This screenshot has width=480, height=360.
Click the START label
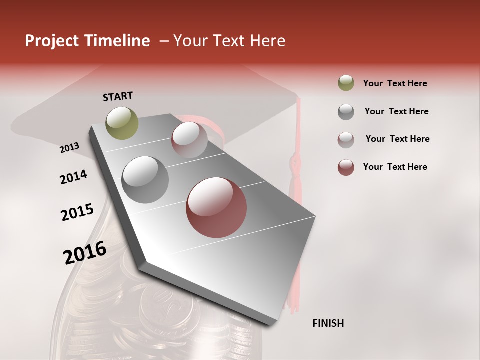118,96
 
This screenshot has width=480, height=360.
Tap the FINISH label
328,323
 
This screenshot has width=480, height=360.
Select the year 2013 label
69,147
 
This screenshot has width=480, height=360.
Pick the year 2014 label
73,177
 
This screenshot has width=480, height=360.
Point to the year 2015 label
77,212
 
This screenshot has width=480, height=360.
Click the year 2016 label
85,253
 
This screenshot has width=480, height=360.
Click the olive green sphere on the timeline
122,123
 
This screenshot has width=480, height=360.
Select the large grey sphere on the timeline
145,179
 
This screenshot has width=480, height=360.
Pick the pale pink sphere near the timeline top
189,139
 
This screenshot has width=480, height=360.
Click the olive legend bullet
346,83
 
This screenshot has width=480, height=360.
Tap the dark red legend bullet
346,167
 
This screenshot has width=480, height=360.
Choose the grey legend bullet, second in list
346,112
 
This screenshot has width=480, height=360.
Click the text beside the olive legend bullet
395,83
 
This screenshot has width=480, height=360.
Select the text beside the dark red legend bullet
395,167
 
